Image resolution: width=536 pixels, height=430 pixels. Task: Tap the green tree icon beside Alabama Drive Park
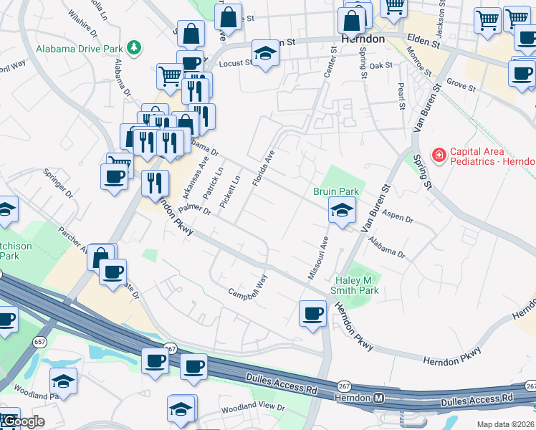point(133,47)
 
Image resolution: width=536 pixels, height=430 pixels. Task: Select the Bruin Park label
point(335,191)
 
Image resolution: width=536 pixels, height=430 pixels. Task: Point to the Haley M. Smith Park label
point(354,285)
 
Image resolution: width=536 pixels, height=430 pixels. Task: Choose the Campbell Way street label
point(248,287)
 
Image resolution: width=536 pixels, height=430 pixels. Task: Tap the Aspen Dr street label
point(398,215)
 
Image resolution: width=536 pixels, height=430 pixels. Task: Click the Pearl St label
point(401,96)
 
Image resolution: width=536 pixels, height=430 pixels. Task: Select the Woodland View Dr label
point(253,407)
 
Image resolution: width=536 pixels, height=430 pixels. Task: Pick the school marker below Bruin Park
point(342,210)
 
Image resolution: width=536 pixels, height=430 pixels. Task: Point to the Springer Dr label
point(58,183)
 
